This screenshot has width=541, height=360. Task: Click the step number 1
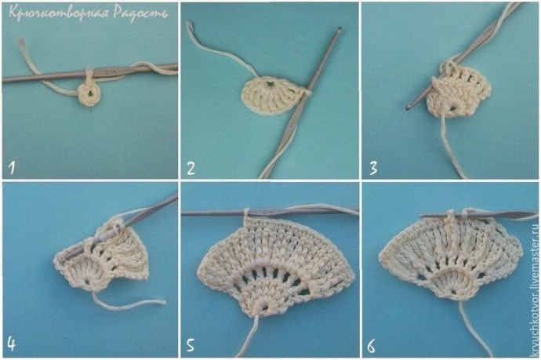[x=12, y=168]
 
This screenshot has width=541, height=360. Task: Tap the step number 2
[x=191, y=168]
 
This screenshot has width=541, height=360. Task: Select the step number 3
[x=374, y=168]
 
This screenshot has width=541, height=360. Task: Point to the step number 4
[x=12, y=344]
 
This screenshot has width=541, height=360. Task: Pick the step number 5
[x=191, y=345]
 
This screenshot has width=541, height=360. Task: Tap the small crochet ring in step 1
[x=89, y=93]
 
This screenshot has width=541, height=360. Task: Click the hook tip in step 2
[x=339, y=29]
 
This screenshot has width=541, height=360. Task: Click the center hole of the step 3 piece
[x=452, y=108]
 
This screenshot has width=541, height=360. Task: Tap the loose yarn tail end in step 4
[x=163, y=302]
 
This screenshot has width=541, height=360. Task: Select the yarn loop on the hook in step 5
[x=247, y=213]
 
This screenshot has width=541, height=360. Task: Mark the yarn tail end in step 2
[x=189, y=24]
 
